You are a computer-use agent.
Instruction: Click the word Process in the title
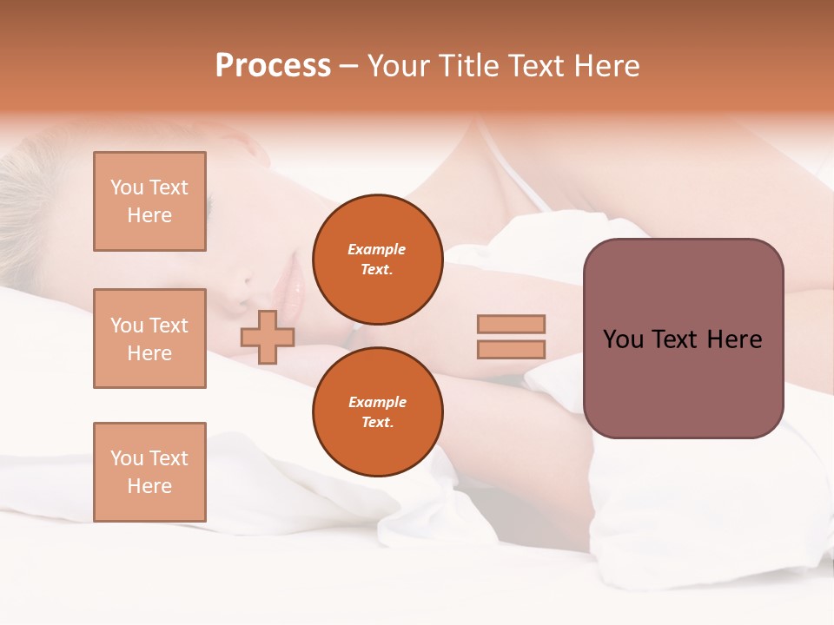[273, 66]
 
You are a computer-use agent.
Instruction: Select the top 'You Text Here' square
[149, 201]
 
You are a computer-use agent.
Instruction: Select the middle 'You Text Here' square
[149, 339]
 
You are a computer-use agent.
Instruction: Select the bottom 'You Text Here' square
[149, 472]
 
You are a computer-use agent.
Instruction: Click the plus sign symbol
[268, 337]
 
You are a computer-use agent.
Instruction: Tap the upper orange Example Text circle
[377, 259]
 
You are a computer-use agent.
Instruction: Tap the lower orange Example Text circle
[377, 411]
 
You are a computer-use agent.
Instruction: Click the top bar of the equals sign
[511, 325]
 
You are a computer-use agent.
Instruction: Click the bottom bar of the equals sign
[511, 349]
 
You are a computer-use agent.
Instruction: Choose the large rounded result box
[683, 339]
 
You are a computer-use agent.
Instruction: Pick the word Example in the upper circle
[377, 249]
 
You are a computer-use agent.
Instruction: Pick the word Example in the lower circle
[377, 402]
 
